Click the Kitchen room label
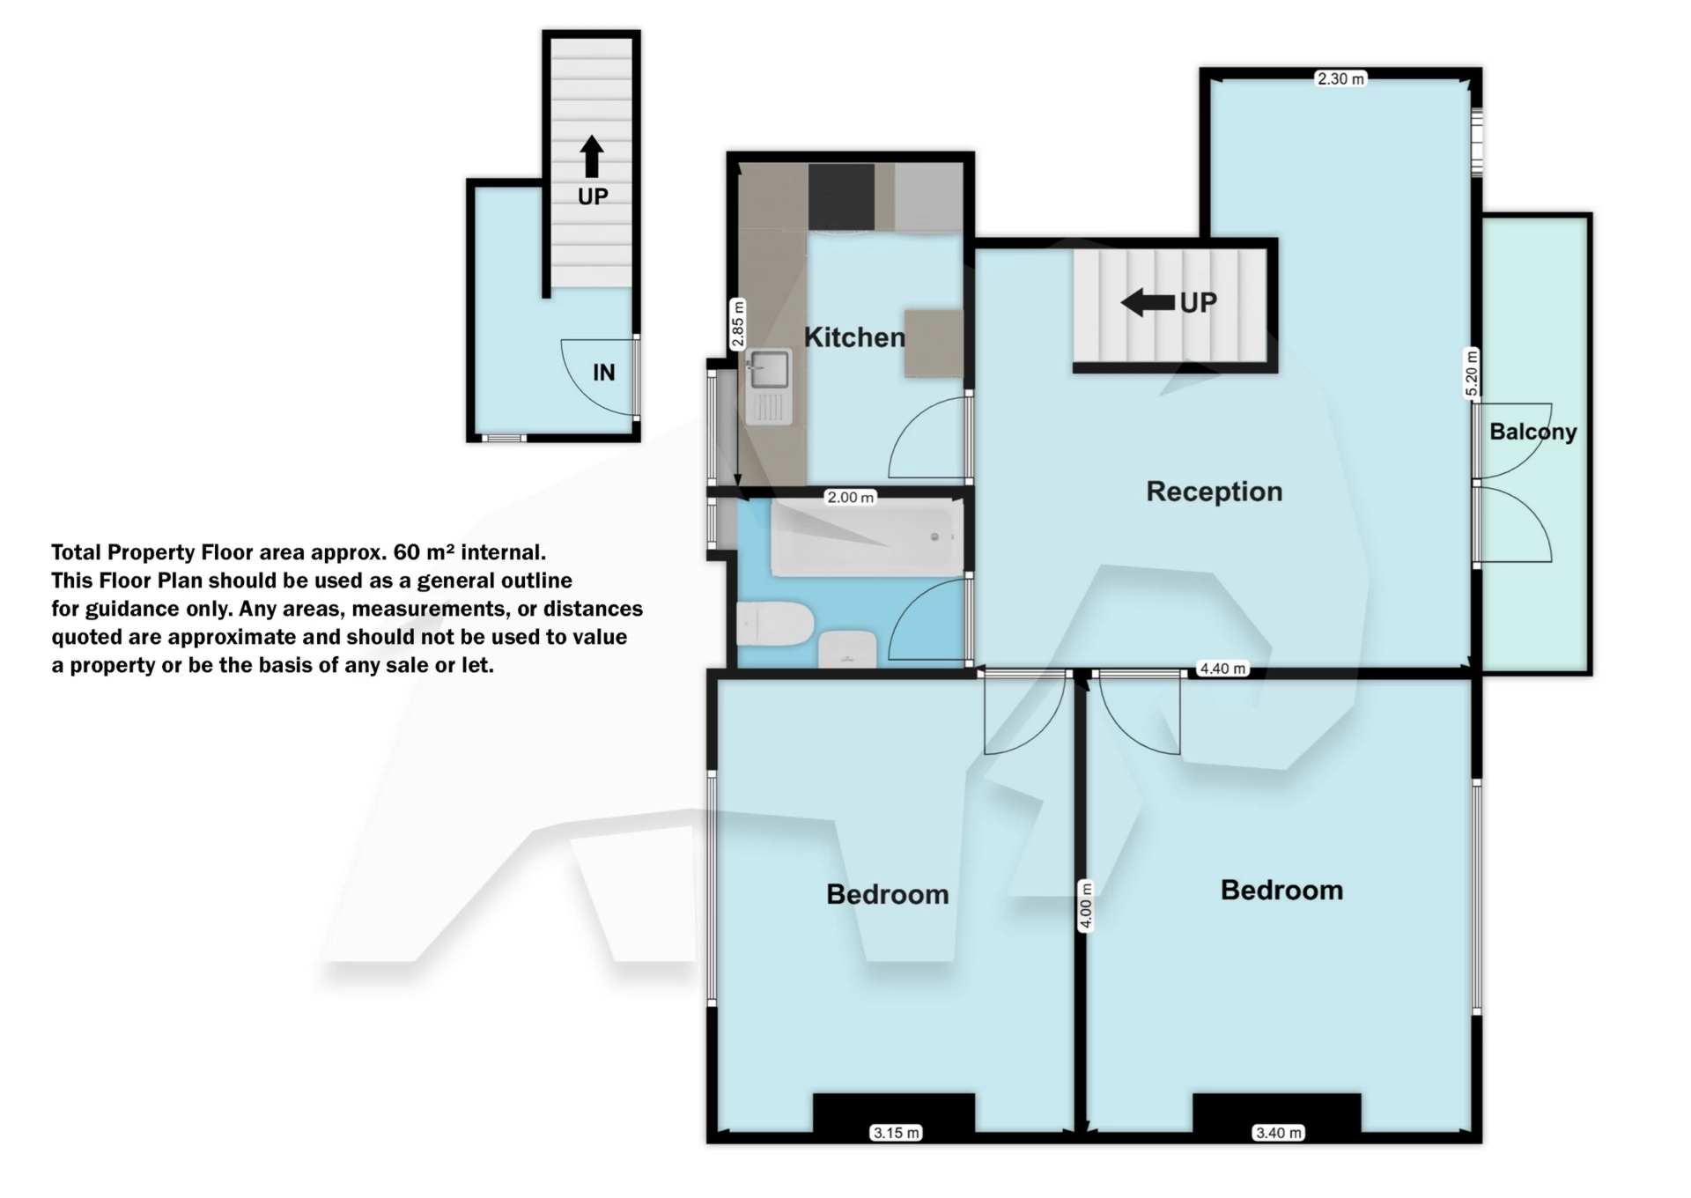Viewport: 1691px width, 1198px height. click(853, 337)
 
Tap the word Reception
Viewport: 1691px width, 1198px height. click(1214, 492)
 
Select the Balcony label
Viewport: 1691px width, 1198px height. click(1532, 432)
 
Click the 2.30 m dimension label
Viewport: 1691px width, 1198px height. click(1340, 79)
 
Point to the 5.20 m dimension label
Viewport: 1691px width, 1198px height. click(1472, 373)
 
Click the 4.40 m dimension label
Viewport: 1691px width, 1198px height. click(1222, 669)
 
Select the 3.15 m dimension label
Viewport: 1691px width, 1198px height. click(896, 1133)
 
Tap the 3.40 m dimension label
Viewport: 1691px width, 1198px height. click(1277, 1133)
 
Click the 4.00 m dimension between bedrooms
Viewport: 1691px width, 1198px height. click(1086, 906)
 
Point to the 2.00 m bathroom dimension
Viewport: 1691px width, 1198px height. click(850, 498)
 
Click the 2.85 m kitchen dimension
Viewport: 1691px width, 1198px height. click(738, 325)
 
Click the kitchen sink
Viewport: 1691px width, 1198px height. click(768, 371)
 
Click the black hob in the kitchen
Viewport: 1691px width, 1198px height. click(841, 196)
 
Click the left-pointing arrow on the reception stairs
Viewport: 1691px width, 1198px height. click(1148, 303)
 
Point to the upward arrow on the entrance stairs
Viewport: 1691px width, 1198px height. click(592, 157)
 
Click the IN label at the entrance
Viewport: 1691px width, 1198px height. click(603, 373)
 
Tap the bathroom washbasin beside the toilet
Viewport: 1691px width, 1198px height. click(847, 650)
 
